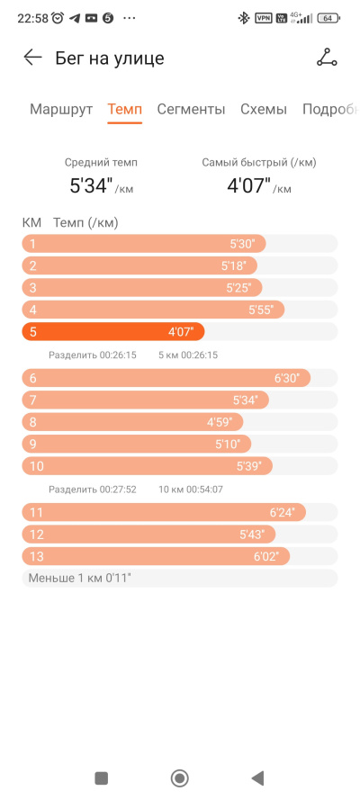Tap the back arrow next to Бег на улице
32,58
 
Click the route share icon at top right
327,58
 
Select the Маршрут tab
61,109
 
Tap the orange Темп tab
124,109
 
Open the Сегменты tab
191,109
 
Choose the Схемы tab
264,109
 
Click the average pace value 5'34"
91,185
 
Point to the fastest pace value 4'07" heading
248,185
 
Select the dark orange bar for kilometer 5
113,332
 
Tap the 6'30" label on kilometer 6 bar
287,378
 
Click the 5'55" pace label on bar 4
261,310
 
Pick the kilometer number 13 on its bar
37,557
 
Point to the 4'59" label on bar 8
220,422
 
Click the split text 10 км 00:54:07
191,490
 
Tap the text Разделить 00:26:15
93,355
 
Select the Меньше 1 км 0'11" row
179,579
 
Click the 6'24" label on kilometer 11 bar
283,513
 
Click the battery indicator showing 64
328,18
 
